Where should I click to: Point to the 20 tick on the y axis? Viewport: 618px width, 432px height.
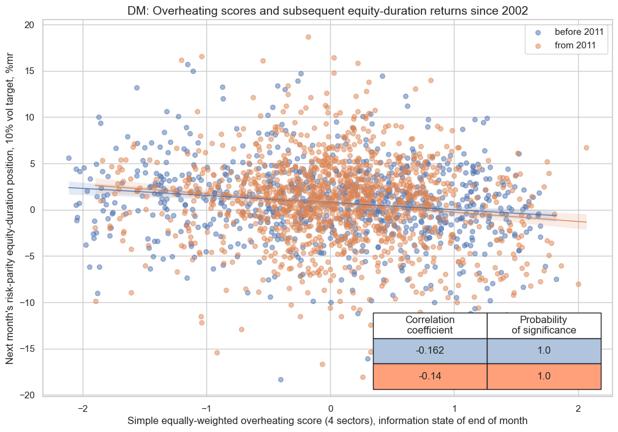pos(29,24)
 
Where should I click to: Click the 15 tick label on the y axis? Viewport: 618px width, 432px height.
pos(29,71)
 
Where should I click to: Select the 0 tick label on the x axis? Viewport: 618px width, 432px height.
pos(330,409)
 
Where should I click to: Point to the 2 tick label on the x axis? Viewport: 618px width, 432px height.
pos(578,409)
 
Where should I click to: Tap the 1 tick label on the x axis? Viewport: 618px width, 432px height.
pos(454,409)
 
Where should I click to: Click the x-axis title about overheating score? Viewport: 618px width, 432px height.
pos(327,421)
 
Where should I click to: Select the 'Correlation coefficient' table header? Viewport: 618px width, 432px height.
pos(429,325)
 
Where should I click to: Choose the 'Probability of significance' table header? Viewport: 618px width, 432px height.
pos(544,325)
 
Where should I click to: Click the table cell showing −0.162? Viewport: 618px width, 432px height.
pos(429,351)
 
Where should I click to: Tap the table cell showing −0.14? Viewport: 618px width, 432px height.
pos(429,376)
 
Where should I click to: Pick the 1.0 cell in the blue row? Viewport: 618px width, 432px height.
pos(544,351)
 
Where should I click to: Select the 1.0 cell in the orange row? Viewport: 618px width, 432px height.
pos(544,376)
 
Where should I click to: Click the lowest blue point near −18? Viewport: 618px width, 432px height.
pos(281,379)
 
